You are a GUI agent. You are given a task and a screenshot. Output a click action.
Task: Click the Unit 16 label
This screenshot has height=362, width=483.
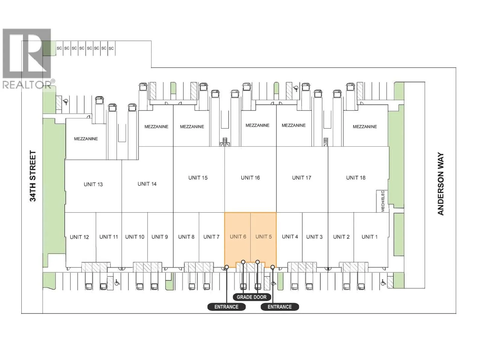click(x=250, y=178)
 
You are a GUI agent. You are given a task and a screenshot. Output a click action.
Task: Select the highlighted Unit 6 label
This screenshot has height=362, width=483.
click(x=238, y=237)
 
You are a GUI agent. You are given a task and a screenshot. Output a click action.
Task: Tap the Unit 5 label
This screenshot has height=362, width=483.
click(x=264, y=237)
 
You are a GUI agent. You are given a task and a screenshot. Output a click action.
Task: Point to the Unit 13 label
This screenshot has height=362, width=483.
click(x=93, y=184)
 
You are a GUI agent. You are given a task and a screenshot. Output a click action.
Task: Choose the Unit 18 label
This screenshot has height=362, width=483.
click(x=356, y=178)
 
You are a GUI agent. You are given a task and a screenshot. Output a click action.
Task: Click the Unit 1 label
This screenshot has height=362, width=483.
click(x=369, y=237)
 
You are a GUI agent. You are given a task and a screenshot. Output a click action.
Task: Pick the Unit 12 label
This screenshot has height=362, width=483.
click(x=79, y=237)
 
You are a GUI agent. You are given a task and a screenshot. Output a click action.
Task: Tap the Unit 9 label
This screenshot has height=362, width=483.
click(x=159, y=237)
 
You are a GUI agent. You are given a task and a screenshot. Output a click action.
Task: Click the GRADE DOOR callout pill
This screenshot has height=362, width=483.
click(x=251, y=297)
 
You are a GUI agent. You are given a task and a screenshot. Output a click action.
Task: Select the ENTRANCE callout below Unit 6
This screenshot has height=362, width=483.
click(x=226, y=306)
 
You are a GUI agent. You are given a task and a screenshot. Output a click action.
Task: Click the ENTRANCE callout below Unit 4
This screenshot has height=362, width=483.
click(x=280, y=306)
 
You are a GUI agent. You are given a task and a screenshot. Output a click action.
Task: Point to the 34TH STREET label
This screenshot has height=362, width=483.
click(x=33, y=176)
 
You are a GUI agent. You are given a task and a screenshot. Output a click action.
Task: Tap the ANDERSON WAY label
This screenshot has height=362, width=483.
click(x=440, y=183)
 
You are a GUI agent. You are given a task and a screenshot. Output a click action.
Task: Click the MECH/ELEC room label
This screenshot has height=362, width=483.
click(x=383, y=201)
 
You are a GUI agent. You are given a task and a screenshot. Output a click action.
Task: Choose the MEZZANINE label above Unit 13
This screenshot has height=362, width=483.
click(x=86, y=139)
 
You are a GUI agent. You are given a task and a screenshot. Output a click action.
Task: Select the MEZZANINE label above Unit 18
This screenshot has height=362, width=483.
click(x=365, y=126)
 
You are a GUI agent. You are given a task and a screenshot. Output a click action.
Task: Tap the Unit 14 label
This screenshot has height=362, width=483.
click(x=147, y=184)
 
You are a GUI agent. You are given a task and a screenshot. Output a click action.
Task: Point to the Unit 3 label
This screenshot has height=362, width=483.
click(x=314, y=237)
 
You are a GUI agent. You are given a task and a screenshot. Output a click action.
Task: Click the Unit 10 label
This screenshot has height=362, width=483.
click(x=135, y=237)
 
